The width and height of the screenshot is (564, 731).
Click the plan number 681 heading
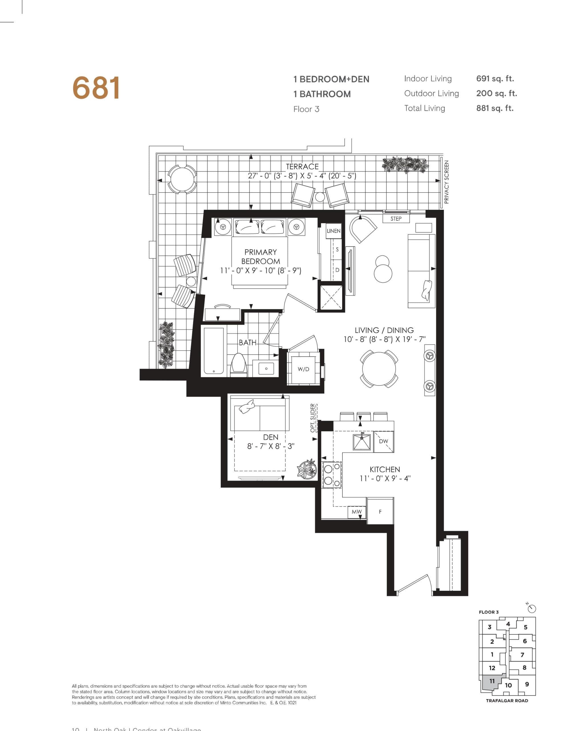(x=96, y=88)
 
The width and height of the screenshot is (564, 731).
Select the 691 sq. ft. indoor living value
(x=495, y=79)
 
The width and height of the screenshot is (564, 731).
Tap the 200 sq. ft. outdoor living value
(x=496, y=93)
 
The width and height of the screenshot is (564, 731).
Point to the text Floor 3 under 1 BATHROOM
(x=306, y=109)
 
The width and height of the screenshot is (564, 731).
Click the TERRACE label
(x=302, y=166)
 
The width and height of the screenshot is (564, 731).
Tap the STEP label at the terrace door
(x=396, y=218)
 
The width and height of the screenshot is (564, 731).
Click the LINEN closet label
(x=333, y=231)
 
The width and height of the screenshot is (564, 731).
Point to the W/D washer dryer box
(x=303, y=369)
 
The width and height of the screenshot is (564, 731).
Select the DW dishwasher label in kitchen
(x=384, y=441)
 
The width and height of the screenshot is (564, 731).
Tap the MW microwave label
(x=356, y=512)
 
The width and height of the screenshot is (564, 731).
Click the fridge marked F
(x=380, y=511)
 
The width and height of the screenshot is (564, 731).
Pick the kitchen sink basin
(x=362, y=442)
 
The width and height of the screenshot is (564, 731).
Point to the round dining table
(x=379, y=369)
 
